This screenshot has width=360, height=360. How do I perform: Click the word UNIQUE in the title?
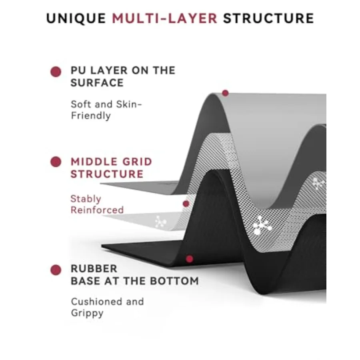coord(76,18)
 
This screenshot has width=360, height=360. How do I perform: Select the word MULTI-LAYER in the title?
coord(165,18)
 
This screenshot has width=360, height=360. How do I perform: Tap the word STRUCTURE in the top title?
coord(268,18)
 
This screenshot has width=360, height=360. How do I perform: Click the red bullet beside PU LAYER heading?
coord(56,72)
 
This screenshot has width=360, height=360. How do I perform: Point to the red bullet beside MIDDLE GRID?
coord(56,162)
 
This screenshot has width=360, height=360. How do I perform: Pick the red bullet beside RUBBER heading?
coord(56,270)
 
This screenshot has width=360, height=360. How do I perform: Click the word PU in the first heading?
coord(78,70)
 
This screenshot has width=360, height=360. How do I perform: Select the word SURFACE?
coord(97,83)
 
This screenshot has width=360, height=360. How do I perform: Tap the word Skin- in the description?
coord(129,104)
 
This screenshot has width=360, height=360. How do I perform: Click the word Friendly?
coord(91,116)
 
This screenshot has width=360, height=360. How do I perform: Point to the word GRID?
coord(137,162)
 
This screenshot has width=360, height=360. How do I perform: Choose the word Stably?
coord(86,199)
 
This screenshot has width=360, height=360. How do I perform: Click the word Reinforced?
coord(97,210)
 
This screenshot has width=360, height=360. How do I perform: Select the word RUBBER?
coord(94,269)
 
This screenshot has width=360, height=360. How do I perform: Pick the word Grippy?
coord(87,313)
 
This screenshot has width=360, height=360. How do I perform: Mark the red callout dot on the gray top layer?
coord(226,93)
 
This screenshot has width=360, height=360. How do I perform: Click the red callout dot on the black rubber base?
coord(190,259)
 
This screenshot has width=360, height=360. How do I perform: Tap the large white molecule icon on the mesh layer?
coord(262,225)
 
